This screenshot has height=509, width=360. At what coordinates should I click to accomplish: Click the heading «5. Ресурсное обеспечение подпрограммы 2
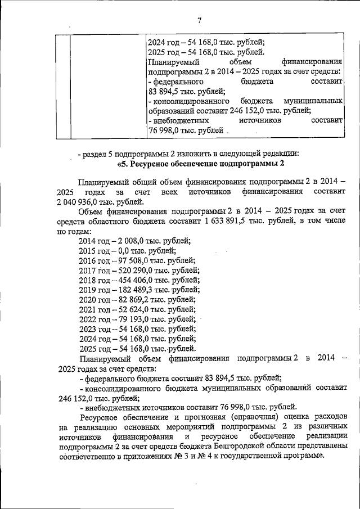198,164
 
